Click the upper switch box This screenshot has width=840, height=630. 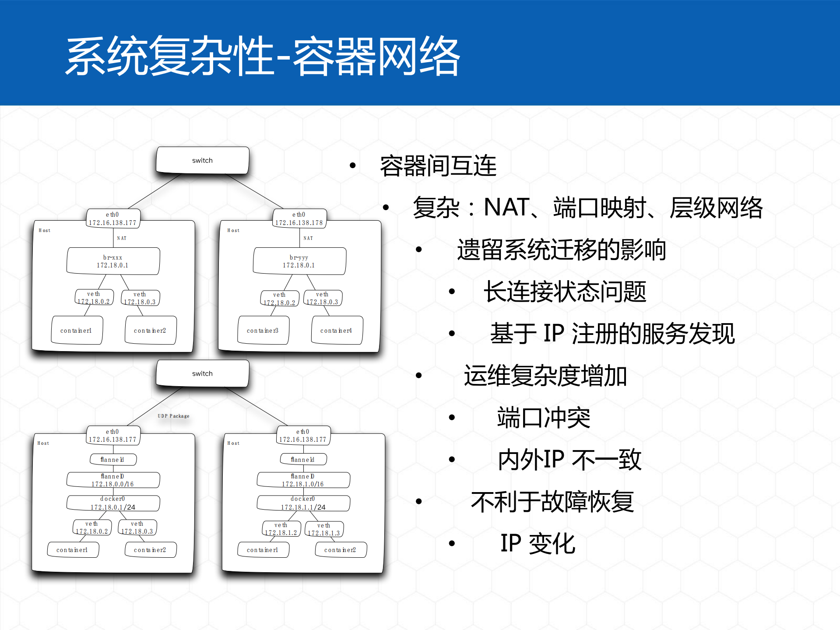[202, 160]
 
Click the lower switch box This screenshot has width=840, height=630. [202, 373]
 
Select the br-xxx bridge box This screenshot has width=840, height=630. [113, 261]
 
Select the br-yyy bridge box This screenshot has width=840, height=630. [299, 261]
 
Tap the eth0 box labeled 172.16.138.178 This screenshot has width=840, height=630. [299, 218]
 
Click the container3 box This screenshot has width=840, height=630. [263, 331]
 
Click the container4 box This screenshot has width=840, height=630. [336, 331]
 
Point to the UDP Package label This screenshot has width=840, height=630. [173, 416]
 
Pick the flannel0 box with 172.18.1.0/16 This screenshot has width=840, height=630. [303, 480]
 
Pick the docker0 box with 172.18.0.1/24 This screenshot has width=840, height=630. [113, 503]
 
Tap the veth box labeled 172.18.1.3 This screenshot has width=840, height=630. [324, 529]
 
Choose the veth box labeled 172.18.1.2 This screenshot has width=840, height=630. [281, 529]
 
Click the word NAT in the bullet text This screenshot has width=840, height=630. [506, 208]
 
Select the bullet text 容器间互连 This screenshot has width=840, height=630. [438, 166]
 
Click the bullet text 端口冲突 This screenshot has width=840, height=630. [544, 418]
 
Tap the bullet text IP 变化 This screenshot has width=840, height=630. [538, 544]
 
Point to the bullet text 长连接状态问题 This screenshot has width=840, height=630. [565, 292]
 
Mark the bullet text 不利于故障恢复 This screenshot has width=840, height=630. [552, 502]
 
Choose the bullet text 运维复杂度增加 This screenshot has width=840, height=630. [545, 376]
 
